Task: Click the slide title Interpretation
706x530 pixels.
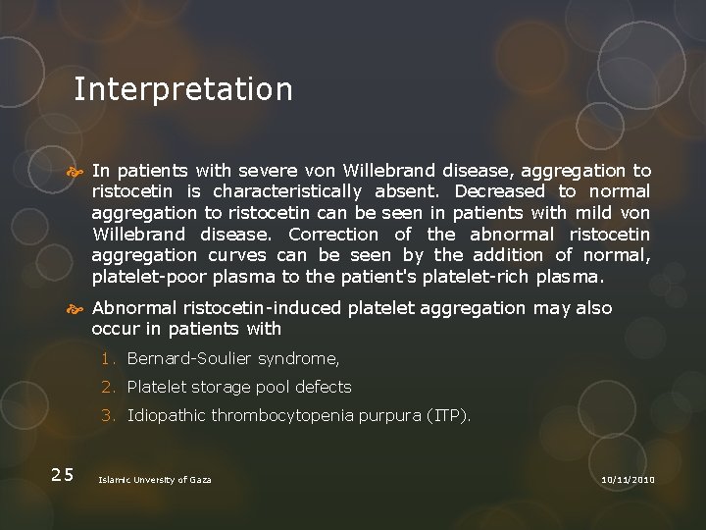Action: tap(183, 89)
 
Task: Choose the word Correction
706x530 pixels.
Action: tap(333, 235)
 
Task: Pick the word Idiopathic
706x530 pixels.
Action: tap(166, 415)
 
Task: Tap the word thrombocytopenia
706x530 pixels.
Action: tap(280, 415)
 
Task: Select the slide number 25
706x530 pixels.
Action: tap(63, 475)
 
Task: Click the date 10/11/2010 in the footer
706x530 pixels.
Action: tap(628, 478)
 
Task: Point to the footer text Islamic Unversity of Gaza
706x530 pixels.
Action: tap(154, 479)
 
